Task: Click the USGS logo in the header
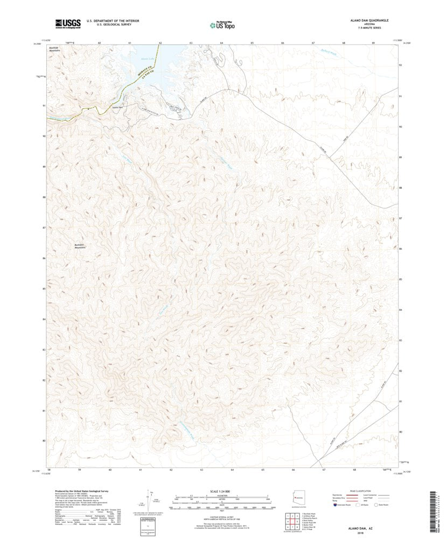click(x=67, y=23)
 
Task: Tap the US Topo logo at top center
click(x=222, y=24)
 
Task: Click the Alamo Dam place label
click(x=117, y=107)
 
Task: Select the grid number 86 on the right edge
click(x=401, y=249)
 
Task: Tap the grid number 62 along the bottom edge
click(x=171, y=470)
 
